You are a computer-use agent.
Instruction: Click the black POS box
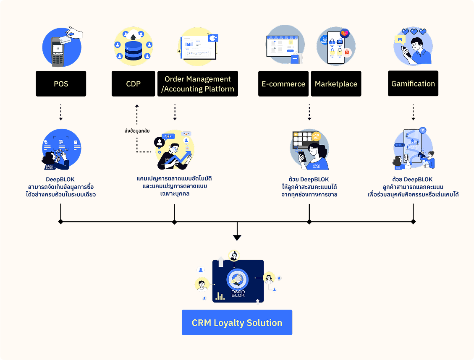[x=61, y=83]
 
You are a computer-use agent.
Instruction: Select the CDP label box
[x=134, y=83]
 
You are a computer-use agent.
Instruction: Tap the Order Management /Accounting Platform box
[x=198, y=83]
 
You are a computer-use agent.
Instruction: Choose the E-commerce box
[x=283, y=83]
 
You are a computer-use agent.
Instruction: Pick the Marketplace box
[x=336, y=83]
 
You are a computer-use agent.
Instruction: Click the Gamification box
[x=413, y=83]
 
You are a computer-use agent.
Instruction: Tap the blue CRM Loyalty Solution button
[x=237, y=322]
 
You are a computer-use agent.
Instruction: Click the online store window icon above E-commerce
[x=283, y=46]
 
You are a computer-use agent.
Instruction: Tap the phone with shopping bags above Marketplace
[x=336, y=48]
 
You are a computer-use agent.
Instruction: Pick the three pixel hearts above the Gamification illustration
[x=414, y=31]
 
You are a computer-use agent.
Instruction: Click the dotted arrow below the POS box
[x=61, y=112]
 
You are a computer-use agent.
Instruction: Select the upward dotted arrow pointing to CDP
[x=137, y=114]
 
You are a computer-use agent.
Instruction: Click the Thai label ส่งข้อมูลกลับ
[x=137, y=131]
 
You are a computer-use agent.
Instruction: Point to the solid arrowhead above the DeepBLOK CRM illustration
[x=237, y=237]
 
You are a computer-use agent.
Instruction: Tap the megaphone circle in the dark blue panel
[x=238, y=280]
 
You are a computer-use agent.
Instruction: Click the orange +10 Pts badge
[x=316, y=136]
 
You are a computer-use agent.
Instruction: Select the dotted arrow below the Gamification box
[x=413, y=112]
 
